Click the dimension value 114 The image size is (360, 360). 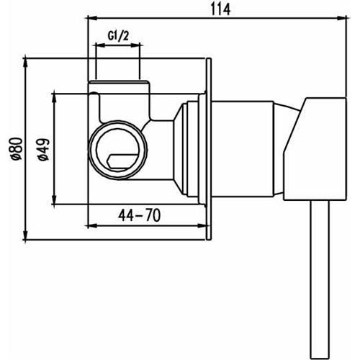pyautogui.click(x=215, y=9)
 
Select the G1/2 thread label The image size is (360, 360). pyautogui.click(x=119, y=35)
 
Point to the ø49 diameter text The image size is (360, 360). pyautogui.click(x=43, y=148)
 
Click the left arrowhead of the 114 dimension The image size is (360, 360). pyautogui.click(x=91, y=17)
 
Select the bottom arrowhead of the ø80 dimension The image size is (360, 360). pyautogui.click(x=26, y=235)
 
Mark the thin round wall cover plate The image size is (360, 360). pyautogui.click(x=210, y=148)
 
